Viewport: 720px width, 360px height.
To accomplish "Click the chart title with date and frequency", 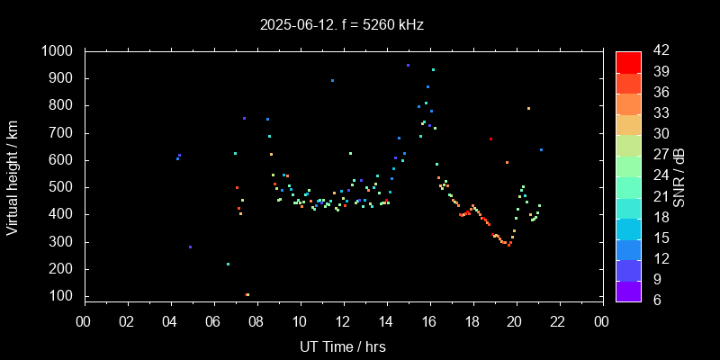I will [x=341, y=25].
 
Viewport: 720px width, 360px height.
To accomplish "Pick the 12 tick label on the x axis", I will [x=343, y=321].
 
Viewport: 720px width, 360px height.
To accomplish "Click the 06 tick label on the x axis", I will [x=213, y=321].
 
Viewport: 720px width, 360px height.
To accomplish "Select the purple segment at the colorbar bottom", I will [x=628, y=291].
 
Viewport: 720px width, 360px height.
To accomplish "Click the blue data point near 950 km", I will [x=408, y=66].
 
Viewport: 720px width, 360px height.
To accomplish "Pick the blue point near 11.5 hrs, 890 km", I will [x=332, y=81].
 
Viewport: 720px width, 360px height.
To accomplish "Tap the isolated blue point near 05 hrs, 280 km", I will [x=190, y=247].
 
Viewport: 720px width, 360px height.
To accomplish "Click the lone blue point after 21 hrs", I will [x=541, y=149].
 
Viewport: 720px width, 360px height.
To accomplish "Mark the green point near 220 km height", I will [x=228, y=264].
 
